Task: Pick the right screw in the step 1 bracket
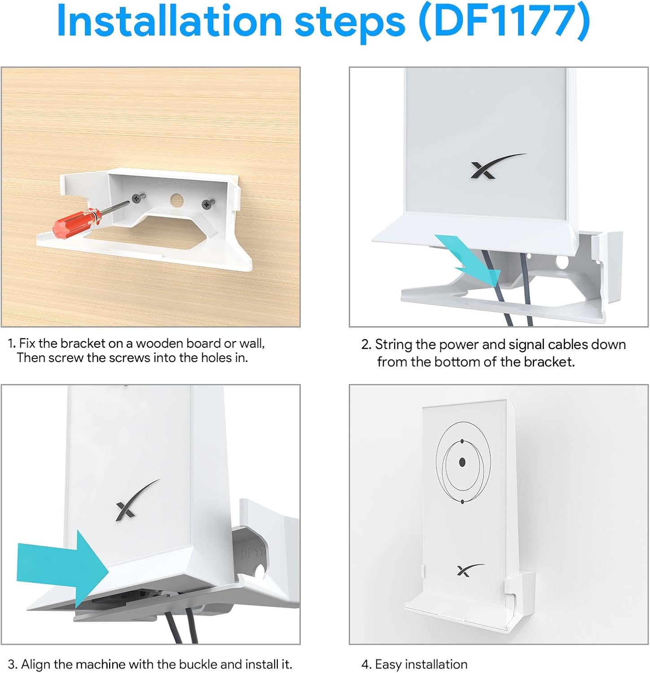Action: [x=206, y=203]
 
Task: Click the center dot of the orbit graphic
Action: [x=462, y=462]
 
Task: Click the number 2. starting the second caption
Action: [x=366, y=345]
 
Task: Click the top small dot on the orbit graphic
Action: [x=462, y=442]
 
